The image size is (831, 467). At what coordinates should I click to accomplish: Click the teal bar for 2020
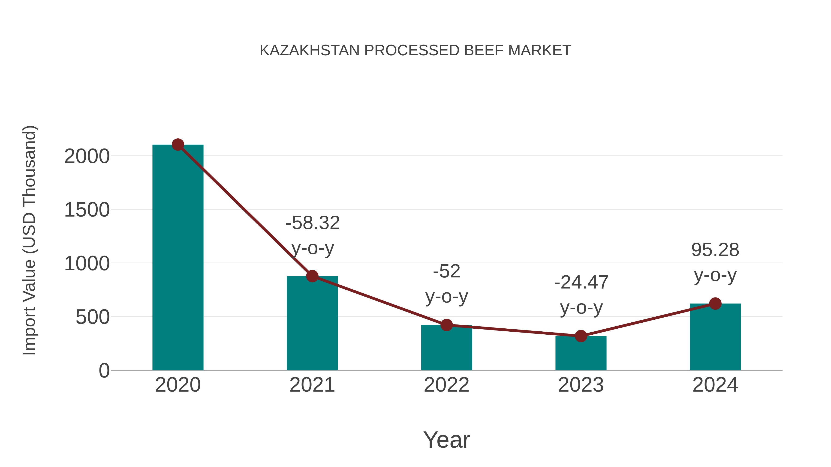click(178, 258)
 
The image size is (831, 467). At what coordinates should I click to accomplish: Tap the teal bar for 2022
click(446, 348)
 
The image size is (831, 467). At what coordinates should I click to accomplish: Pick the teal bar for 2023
click(581, 354)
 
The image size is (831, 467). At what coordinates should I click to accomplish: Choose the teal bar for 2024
click(715, 337)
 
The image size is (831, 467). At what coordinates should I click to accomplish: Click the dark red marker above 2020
click(178, 145)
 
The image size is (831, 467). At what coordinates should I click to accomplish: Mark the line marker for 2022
click(446, 325)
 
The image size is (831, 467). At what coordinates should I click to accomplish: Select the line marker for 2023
click(581, 336)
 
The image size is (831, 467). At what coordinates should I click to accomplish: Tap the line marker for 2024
click(715, 303)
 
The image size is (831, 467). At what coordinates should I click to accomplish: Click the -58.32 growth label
click(313, 223)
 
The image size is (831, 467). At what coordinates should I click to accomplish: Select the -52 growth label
click(446, 271)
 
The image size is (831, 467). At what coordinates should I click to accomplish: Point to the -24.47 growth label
click(581, 283)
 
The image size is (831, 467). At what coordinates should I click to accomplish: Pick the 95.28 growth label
click(715, 250)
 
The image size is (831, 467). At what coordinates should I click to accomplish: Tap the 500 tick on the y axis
click(92, 318)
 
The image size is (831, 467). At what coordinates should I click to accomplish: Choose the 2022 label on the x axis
click(446, 385)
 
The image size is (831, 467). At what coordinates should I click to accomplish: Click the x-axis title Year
click(446, 440)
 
